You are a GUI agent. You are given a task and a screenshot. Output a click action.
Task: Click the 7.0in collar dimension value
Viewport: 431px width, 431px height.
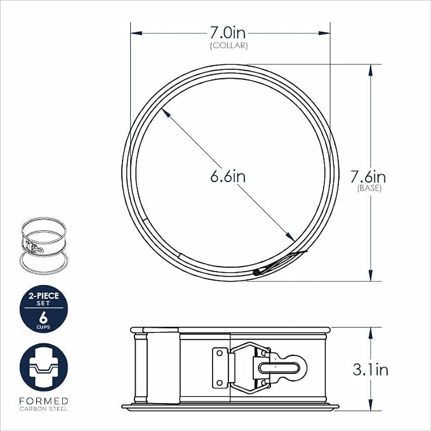click(228, 33)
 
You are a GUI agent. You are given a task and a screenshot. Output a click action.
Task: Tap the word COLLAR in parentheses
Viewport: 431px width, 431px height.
click(229, 46)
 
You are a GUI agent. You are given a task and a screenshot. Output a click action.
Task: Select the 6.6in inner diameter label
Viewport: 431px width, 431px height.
click(228, 176)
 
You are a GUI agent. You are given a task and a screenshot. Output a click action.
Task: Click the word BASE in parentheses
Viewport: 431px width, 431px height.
click(369, 189)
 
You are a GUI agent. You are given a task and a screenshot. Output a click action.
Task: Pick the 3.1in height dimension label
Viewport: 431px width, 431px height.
click(371, 369)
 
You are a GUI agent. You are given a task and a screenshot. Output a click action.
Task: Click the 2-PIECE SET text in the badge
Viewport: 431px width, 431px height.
click(44, 299)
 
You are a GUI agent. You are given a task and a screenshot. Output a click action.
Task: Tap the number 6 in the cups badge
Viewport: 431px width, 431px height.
click(43, 317)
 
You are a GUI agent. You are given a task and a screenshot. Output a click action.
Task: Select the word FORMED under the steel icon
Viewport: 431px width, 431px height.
click(44, 401)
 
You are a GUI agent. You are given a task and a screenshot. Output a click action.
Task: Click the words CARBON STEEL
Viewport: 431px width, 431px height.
click(44, 409)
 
